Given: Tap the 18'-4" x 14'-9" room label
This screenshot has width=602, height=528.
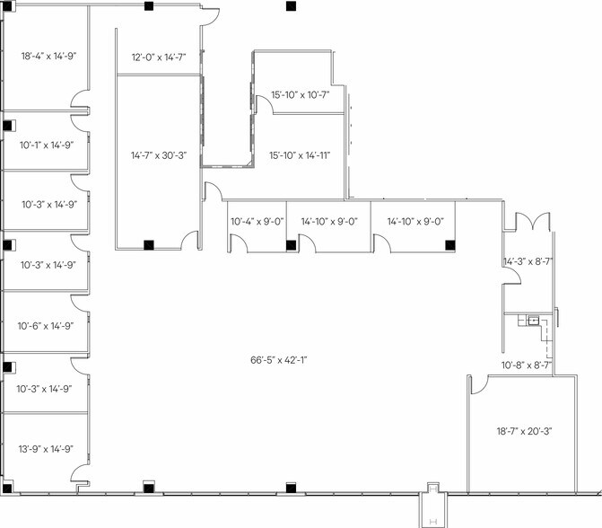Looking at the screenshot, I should [48, 56].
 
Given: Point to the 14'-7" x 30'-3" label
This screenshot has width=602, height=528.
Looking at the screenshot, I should [158, 154].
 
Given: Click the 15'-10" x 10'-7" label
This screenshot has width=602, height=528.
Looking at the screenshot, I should [300, 94].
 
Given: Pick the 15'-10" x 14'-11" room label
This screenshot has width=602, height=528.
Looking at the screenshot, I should [300, 155].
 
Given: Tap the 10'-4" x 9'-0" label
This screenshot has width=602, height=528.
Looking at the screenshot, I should [257, 220].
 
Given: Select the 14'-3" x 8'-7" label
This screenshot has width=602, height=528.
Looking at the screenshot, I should [528, 262].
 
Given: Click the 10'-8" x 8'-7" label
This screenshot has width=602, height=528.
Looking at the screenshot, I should [526, 365].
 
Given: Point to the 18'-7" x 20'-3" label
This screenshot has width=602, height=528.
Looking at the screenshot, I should [524, 431].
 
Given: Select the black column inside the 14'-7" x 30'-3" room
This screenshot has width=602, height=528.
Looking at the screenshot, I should [148, 243].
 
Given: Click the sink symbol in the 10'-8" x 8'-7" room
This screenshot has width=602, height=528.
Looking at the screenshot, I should [533, 320].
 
